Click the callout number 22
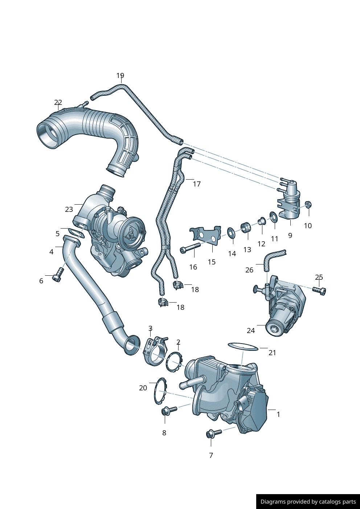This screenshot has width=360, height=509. pos(58,103)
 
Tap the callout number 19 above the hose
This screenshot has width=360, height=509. pos(120,75)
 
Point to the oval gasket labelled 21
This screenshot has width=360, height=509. pos(243,346)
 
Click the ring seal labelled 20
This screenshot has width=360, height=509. pos(159,391)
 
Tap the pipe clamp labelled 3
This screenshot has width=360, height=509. pos(155,351)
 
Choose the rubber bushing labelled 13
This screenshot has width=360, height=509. pos(246,227)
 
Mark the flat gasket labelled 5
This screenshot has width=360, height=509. pos(76,233)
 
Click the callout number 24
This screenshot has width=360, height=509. pos(251,331)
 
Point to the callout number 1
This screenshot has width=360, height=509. pos(278,414)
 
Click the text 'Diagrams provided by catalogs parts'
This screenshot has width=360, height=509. pos(308,502)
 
